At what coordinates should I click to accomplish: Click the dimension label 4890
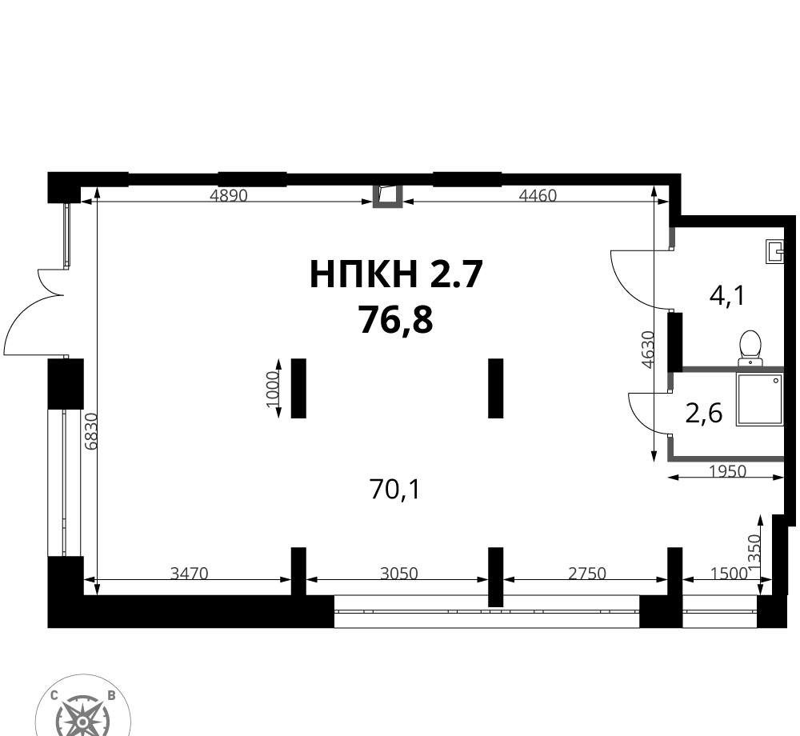[x=229, y=195]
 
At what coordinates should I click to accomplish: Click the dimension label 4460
[x=538, y=195]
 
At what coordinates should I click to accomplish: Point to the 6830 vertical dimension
[x=91, y=431]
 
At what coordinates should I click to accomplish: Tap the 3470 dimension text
[x=190, y=574]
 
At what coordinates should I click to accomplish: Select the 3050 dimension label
[x=399, y=574]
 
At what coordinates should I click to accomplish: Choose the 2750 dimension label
[x=587, y=574]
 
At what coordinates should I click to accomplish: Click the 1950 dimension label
[x=728, y=471]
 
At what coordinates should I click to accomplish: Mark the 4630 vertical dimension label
[x=647, y=350]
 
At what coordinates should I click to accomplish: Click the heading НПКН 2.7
[x=396, y=274]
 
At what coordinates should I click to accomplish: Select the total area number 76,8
[x=396, y=320]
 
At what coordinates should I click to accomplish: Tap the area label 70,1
[x=394, y=490]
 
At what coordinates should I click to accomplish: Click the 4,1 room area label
[x=727, y=295]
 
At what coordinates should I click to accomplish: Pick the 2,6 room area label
[x=704, y=413]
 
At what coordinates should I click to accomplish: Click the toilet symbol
[x=750, y=348]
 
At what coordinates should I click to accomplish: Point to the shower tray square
[x=759, y=399]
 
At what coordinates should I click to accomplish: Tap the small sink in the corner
[x=774, y=251]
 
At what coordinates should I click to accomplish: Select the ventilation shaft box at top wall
[x=388, y=196]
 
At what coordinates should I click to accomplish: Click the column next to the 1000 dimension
[x=298, y=388]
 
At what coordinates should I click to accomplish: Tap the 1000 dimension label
[x=272, y=389]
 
